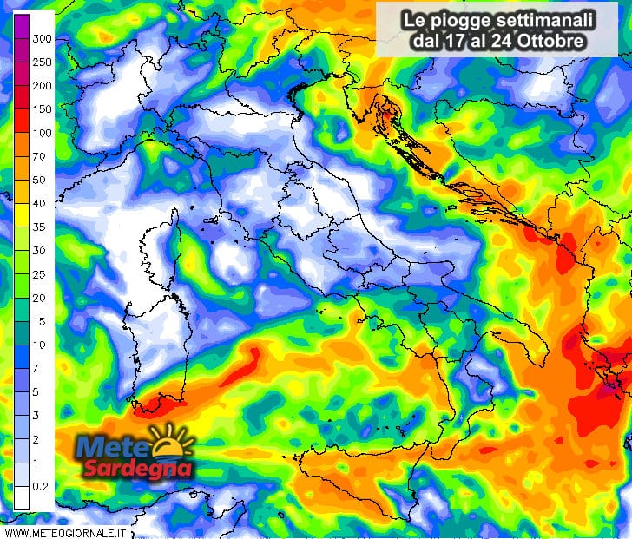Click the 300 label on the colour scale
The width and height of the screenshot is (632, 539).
42,39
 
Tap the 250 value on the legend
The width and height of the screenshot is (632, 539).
42,62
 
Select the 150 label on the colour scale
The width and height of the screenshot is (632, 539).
42,109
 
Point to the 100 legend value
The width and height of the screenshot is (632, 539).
42,133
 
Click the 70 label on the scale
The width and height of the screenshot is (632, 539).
39,156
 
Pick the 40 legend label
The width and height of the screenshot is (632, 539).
39,203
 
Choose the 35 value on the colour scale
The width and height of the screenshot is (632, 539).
39,227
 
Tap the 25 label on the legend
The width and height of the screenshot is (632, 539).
39,274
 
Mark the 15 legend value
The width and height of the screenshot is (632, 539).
39,321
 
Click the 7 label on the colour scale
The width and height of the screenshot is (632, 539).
36,368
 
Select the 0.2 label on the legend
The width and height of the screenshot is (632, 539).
40,486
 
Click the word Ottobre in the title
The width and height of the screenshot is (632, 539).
550,40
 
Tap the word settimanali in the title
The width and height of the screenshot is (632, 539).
540,19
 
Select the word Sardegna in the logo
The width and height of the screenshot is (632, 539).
136,469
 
